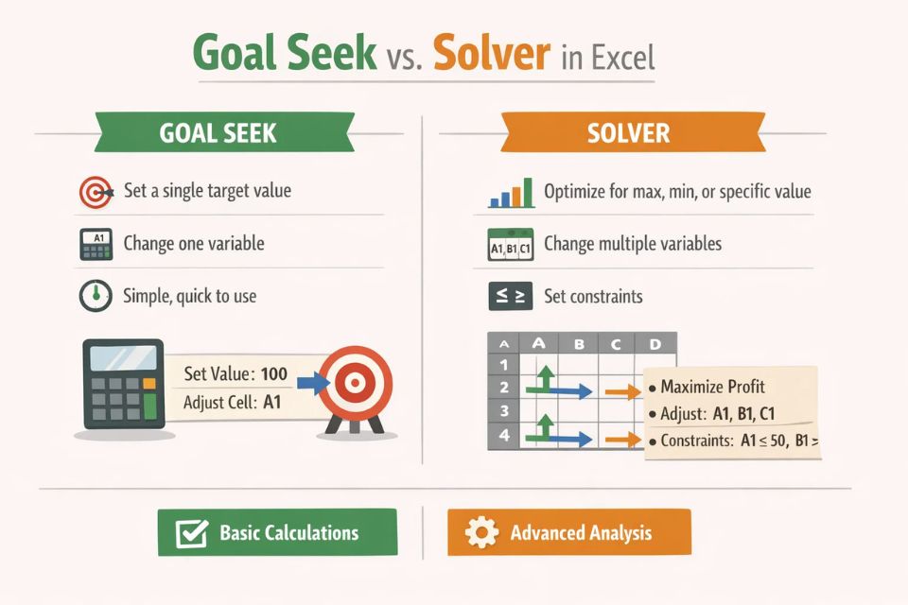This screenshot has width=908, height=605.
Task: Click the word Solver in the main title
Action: click(491, 55)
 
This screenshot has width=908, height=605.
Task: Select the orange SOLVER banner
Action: click(628, 133)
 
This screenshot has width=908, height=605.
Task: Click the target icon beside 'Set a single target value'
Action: click(96, 192)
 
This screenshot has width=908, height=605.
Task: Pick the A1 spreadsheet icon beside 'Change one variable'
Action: click(96, 244)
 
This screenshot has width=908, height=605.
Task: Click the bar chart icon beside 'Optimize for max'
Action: click(511, 192)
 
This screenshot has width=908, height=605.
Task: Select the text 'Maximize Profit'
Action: click(713, 387)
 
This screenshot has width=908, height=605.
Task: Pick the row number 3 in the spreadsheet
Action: click(503, 411)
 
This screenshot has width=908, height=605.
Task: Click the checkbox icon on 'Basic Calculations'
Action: click(192, 533)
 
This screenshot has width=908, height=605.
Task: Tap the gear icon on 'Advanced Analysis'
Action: click(482, 533)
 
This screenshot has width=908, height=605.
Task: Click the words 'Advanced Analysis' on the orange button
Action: click(581, 533)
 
